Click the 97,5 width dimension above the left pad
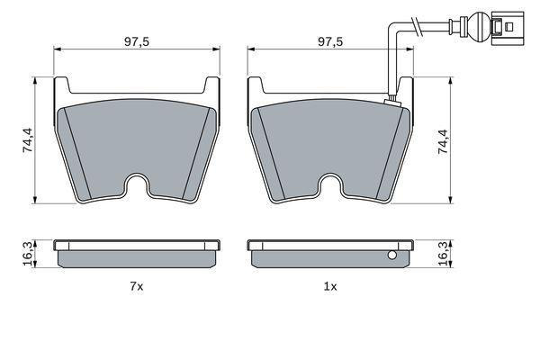(137, 42)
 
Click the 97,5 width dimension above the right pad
(330, 42)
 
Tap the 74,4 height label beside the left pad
(28, 140)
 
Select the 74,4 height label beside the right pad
(443, 141)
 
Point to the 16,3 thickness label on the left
(28, 254)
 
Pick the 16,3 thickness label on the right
(443, 254)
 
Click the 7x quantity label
(137, 286)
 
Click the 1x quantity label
(330, 286)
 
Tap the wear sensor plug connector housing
(508, 28)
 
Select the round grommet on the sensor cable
(480, 25)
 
